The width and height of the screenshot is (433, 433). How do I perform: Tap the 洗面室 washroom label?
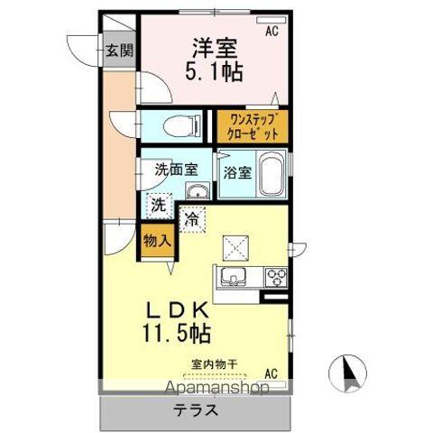[171, 168]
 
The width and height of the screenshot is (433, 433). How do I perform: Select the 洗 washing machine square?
[158, 205]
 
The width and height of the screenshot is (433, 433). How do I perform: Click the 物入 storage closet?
[157, 242]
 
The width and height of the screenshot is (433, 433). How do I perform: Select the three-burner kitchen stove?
[275, 277]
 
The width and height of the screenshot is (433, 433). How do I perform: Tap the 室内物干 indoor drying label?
[215, 365]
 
